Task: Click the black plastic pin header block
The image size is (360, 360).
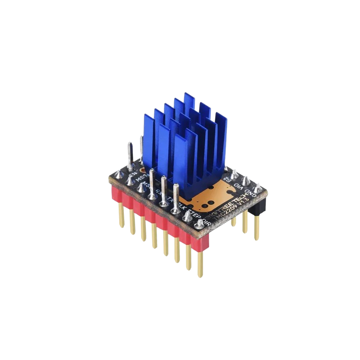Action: pos(257,205)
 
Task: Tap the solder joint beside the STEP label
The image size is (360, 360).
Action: pos(186,216)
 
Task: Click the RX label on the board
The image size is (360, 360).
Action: pos(159,192)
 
